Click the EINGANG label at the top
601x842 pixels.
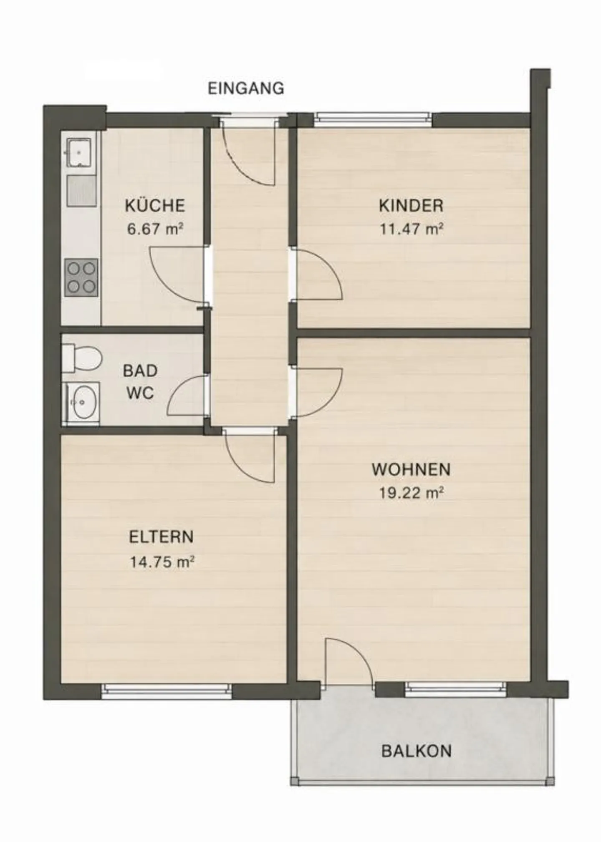(x=246, y=88)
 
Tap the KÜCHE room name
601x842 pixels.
(x=155, y=206)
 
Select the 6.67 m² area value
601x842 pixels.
(x=155, y=229)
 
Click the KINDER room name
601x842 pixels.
(x=411, y=206)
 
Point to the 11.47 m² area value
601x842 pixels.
(x=411, y=229)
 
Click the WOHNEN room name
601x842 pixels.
(x=411, y=470)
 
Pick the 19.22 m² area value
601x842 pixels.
(x=411, y=493)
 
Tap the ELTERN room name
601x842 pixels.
(x=162, y=537)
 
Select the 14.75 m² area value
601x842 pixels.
(x=162, y=562)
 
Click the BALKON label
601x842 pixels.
(x=417, y=751)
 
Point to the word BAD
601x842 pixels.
(x=140, y=371)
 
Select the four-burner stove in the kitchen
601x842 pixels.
(x=81, y=277)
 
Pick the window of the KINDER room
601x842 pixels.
(x=373, y=119)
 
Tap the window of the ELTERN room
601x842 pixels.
(x=167, y=691)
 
